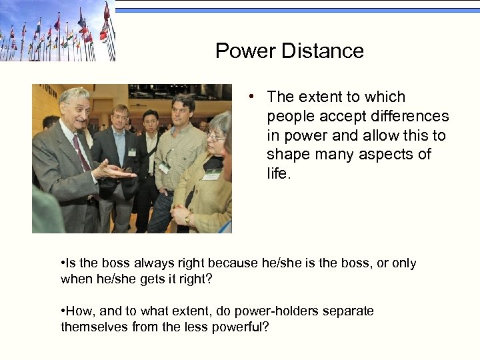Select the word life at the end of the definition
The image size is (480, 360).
(277, 174)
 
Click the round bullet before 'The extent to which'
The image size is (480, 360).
(249, 97)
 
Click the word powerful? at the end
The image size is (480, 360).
(241, 327)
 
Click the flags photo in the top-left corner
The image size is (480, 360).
(57, 31)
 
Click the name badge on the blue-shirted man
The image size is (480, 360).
(132, 152)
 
